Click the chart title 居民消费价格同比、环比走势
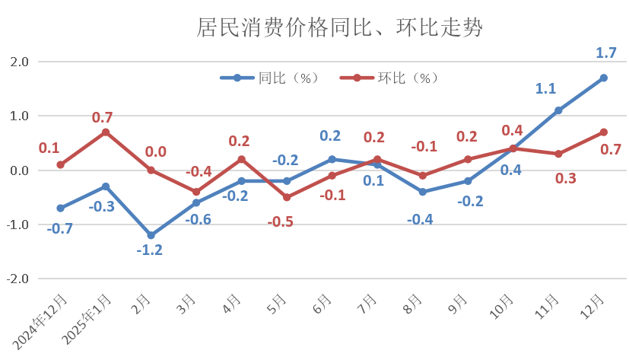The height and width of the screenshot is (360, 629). pos(340,28)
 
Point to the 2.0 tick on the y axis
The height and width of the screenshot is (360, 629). pos(17,62)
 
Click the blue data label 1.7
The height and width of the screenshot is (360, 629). pos(605,53)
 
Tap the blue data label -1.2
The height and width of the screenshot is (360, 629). pos(151,250)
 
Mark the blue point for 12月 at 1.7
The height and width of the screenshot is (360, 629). pos(603,78)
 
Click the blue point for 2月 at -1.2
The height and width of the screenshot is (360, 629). pos(151,235)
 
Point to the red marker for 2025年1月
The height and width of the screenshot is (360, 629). pos(106,132)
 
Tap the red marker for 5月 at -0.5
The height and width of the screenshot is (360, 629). pos(287,197)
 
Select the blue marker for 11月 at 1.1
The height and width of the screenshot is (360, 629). pos(558,110)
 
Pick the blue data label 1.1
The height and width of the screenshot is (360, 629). pos(545,88)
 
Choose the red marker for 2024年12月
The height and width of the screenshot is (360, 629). pos(60,164)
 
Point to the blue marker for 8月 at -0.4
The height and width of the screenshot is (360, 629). pos(422,192)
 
